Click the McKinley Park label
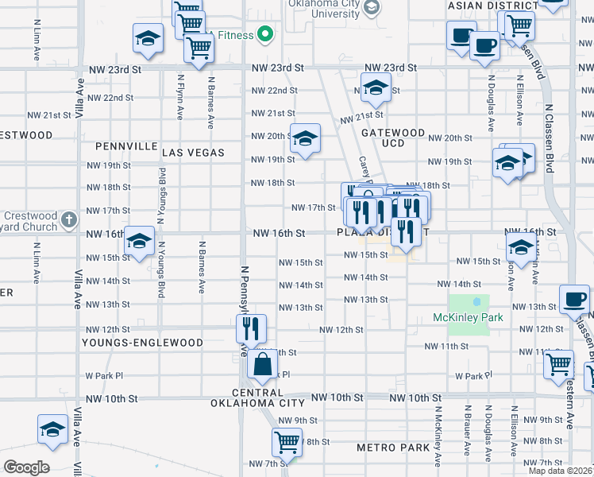[469, 318]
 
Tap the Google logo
[26, 467]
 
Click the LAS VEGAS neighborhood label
[193, 152]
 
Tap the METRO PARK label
[392, 448]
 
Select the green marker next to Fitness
[265, 34]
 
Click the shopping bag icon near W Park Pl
[262, 365]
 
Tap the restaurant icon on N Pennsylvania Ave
[251, 327]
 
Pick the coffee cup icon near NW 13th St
[575, 299]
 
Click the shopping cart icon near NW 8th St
[286, 440]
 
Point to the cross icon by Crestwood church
[69, 216]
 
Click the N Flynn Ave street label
[181, 97]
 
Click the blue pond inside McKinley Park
[476, 302]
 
